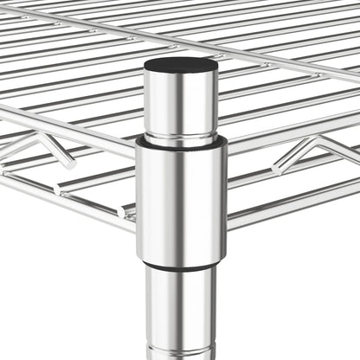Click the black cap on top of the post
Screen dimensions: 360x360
pos(180,65)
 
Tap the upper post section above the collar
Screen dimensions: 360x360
pos(180,100)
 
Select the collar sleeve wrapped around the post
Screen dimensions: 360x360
pos(180,199)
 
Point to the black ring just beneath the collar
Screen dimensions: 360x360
pos(180,266)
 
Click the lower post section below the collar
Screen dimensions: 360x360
pos(180,312)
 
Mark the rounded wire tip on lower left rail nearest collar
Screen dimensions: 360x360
pos(126,210)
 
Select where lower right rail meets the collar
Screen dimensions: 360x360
pos(228,227)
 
